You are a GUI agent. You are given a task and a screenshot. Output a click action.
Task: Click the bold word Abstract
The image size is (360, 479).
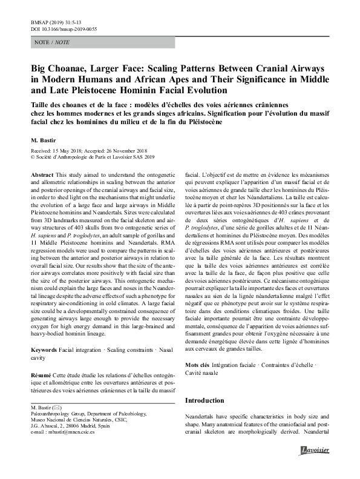click(41, 173)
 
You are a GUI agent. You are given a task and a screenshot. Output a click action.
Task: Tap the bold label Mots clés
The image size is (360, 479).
click(197, 366)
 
